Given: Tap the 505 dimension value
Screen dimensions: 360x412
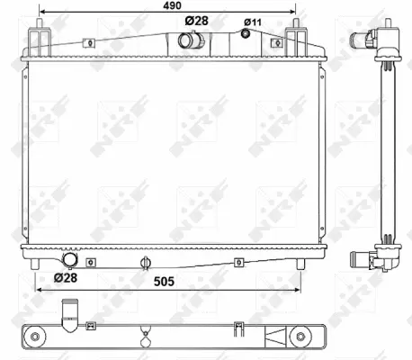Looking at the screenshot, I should (x=163, y=279).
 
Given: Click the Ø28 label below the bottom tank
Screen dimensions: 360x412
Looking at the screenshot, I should (x=64, y=278).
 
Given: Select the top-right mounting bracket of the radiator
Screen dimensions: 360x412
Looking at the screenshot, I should (x=294, y=40).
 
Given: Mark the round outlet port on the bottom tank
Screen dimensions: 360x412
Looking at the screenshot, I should (x=67, y=261).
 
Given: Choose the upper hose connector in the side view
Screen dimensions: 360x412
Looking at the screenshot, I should (x=367, y=39).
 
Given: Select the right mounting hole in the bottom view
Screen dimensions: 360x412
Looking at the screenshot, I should (x=296, y=336).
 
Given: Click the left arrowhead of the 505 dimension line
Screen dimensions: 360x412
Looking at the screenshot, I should (x=39, y=291).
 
